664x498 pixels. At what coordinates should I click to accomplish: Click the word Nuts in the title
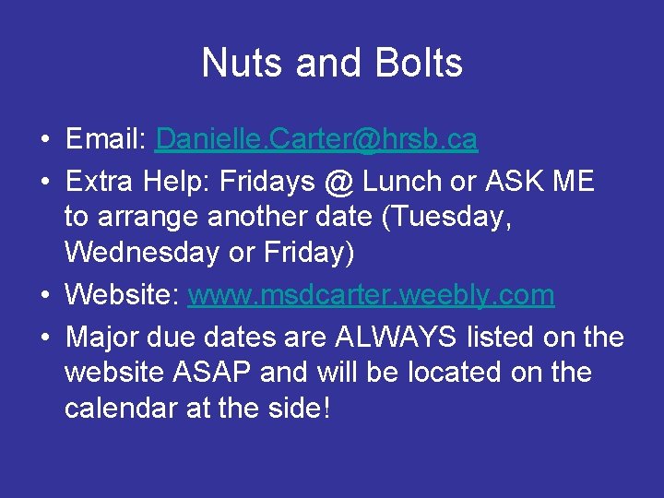243,63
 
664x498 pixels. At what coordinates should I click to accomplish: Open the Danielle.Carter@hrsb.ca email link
316,139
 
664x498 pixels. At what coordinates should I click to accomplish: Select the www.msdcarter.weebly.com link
371,295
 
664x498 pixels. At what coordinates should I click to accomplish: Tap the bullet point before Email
44,141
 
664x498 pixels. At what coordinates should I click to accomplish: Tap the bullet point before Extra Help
44,184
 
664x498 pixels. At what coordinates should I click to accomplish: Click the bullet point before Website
44,297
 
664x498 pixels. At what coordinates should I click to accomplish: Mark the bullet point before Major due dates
44,339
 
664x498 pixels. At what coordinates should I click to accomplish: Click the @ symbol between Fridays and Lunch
338,182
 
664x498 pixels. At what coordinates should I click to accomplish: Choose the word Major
99,338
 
